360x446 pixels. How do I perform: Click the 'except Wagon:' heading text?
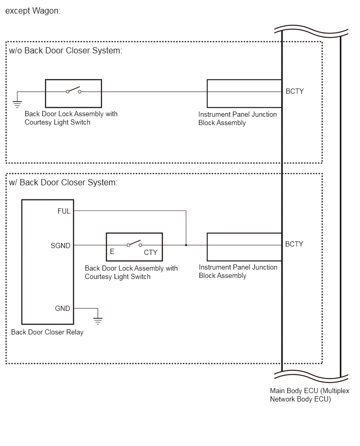point(32,11)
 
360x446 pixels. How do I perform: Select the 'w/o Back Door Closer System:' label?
point(65,51)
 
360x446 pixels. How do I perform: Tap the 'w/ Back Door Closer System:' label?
point(63,182)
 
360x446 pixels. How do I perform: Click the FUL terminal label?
point(64,211)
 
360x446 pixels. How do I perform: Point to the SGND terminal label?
point(60,246)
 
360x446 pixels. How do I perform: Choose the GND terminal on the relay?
point(62,308)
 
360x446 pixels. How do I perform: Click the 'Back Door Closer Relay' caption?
point(47,332)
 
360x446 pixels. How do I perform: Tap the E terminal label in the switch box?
point(112,251)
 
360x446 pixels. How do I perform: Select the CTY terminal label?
point(150,252)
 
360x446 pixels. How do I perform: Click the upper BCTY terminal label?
point(295,91)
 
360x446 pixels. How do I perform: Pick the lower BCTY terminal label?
point(294,244)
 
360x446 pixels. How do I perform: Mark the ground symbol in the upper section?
point(17,104)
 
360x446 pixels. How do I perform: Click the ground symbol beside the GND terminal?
point(97,321)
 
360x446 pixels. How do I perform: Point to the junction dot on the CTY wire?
point(186,245)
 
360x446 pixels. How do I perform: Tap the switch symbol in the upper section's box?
point(74,90)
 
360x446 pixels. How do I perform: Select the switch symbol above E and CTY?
point(134,243)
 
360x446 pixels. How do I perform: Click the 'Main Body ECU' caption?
point(310,395)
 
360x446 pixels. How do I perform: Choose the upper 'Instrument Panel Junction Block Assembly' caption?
point(238,118)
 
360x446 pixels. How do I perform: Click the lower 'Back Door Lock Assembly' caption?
point(131,272)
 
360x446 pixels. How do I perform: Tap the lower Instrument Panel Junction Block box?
point(244,247)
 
